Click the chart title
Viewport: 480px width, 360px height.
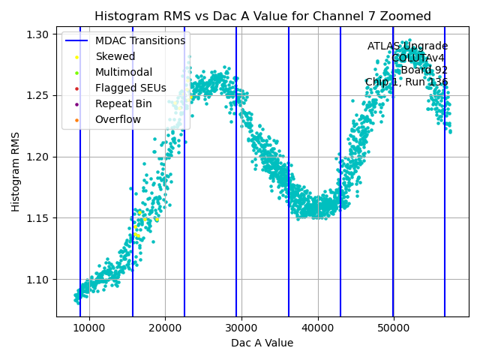click(x=262, y=16)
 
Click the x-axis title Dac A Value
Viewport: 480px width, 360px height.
click(x=262, y=343)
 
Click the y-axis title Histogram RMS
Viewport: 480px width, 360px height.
click(x=16, y=172)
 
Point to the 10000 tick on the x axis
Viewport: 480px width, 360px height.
click(x=89, y=328)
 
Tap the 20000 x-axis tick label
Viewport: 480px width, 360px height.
click(x=166, y=328)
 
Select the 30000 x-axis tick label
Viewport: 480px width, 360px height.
click(x=241, y=328)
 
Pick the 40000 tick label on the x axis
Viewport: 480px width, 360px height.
click(x=318, y=328)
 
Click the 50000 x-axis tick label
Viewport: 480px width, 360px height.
click(x=394, y=328)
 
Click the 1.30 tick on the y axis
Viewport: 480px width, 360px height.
click(x=38, y=34)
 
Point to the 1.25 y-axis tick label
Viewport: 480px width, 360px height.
click(x=38, y=96)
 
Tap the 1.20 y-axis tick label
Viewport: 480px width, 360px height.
click(x=38, y=157)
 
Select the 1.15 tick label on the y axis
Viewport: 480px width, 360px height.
click(x=38, y=218)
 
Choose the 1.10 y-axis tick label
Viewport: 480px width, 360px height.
click(x=38, y=280)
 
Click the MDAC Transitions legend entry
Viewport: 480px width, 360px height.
click(x=139, y=40)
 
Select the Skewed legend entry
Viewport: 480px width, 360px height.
click(x=115, y=56)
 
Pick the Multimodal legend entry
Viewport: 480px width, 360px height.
click(x=123, y=72)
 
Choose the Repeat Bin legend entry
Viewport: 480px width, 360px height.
click(x=123, y=103)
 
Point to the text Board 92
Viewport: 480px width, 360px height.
click(x=424, y=70)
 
